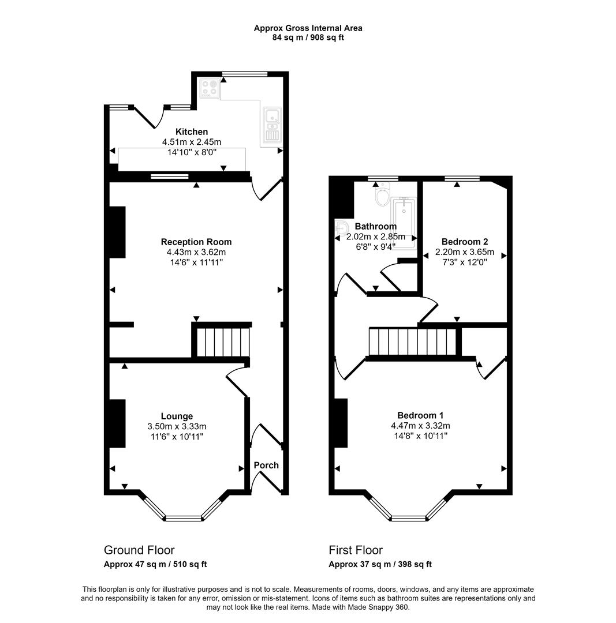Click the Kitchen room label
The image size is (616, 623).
pyautogui.click(x=192, y=132)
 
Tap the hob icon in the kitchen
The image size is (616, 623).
pyautogui.click(x=210, y=89)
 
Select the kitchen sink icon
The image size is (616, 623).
pyautogui.click(x=272, y=125)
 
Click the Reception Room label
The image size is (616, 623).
pyautogui.click(x=196, y=242)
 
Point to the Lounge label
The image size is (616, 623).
pyautogui.click(x=177, y=416)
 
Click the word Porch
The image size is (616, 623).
pyautogui.click(x=266, y=465)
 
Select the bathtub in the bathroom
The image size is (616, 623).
pyautogui.click(x=404, y=223)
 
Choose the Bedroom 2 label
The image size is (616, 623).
pyautogui.click(x=465, y=242)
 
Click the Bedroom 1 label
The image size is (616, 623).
pyautogui.click(x=420, y=415)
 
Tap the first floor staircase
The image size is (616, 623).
pyautogui.click(x=412, y=341)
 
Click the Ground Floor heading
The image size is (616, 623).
pyautogui.click(x=139, y=550)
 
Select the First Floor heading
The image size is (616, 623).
pyautogui.click(x=356, y=550)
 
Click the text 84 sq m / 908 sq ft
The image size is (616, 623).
pyautogui.click(x=308, y=37)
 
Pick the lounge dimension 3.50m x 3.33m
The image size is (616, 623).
pyautogui.click(x=177, y=426)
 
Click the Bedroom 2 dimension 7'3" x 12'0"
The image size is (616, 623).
pyautogui.click(x=465, y=262)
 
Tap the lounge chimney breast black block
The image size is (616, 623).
pyautogui.click(x=117, y=423)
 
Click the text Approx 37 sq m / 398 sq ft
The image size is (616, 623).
pyautogui.click(x=380, y=564)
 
